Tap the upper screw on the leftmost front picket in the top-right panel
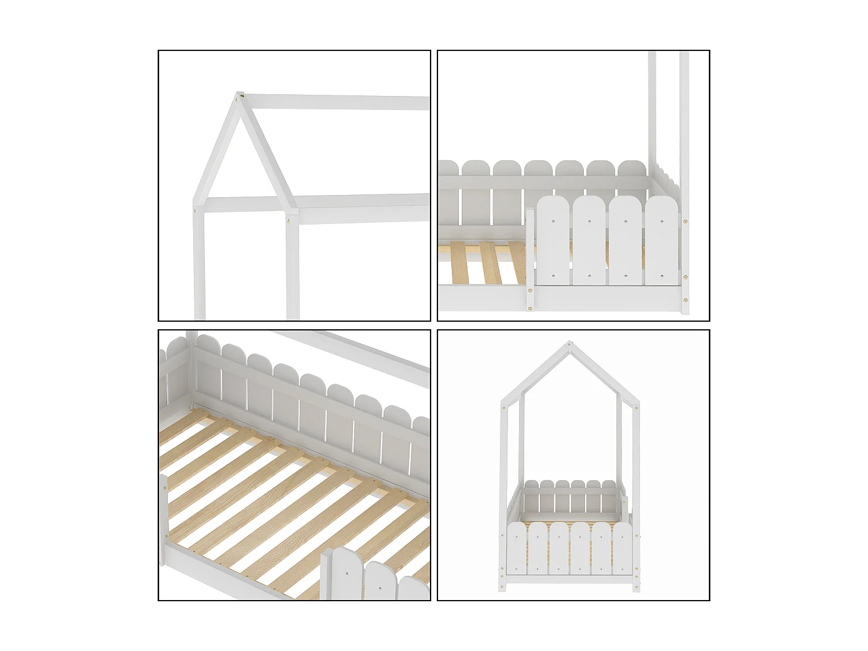point(553,220)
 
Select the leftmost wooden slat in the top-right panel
point(457,263)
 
